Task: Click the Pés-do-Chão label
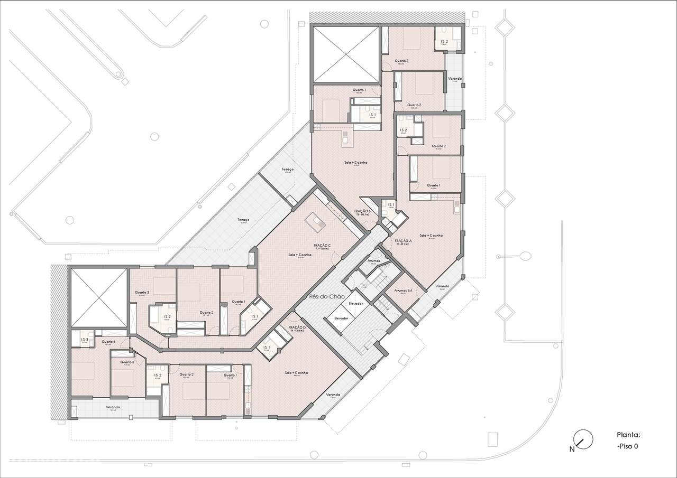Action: click(330, 297)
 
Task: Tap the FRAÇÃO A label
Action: click(403, 241)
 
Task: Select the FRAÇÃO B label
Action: click(362, 211)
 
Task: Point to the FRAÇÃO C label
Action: click(322, 246)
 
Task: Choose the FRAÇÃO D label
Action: click(297, 328)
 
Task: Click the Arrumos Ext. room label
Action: click(403, 290)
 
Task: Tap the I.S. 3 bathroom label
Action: click(85, 340)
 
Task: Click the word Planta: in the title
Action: click(628, 435)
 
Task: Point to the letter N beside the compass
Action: click(572, 449)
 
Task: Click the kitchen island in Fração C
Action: click(318, 222)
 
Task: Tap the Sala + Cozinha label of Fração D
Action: click(296, 373)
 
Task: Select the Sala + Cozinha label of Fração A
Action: click(431, 236)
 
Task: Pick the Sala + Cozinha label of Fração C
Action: click(299, 255)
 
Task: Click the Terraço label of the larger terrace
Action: click(243, 220)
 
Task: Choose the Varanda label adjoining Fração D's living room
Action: click(333, 395)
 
